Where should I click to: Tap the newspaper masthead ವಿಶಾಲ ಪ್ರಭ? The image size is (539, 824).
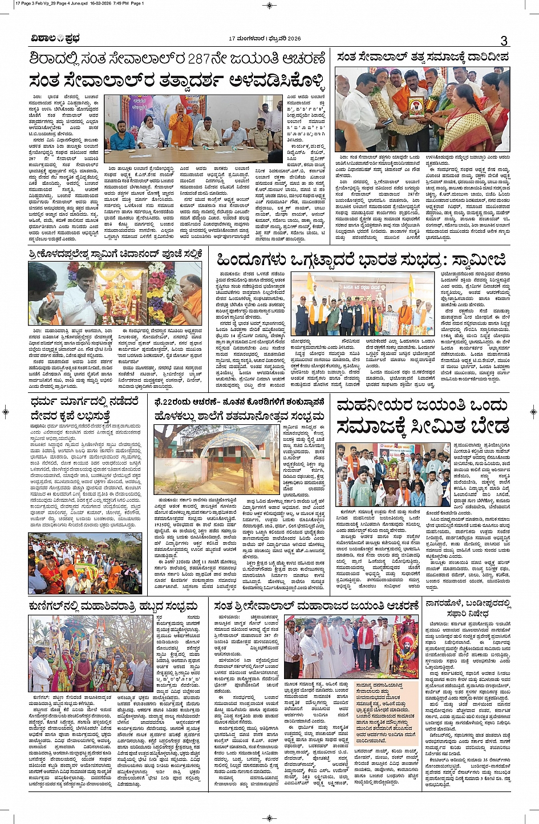pos(55,39)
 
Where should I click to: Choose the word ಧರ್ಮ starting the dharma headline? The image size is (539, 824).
pos(46,403)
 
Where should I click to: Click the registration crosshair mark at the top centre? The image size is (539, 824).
pos(269,5)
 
